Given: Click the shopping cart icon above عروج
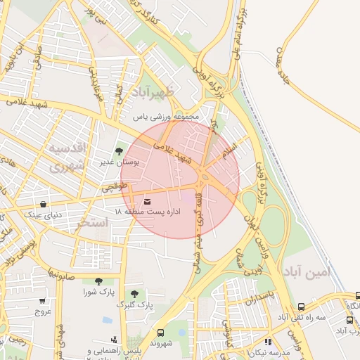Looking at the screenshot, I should coord(42,300).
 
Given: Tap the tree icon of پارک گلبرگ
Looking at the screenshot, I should coord(134,294).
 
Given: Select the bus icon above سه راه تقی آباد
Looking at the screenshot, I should coord(302,307).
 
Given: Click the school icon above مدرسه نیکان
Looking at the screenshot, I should coord(268,341).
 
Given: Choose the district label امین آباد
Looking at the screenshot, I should coord(308,271).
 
